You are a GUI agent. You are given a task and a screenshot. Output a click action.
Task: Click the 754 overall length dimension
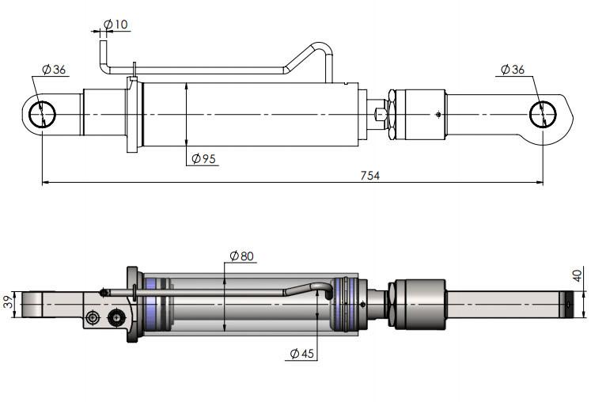point(369,176)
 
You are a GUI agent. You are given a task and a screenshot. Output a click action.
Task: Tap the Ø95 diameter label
point(203,159)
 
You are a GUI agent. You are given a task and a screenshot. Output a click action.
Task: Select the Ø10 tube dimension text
point(116,25)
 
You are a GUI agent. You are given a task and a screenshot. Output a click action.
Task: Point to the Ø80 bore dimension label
point(241,256)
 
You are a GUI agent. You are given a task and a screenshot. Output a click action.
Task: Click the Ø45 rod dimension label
point(302,354)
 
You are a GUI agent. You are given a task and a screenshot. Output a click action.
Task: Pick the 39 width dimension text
point(8,302)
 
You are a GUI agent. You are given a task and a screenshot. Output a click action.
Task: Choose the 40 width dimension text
point(578,275)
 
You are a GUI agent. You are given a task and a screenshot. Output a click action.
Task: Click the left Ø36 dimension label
point(54,70)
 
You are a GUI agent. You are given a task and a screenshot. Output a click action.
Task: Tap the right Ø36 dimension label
point(513,70)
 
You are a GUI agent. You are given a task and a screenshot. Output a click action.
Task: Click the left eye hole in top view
point(42,115)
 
